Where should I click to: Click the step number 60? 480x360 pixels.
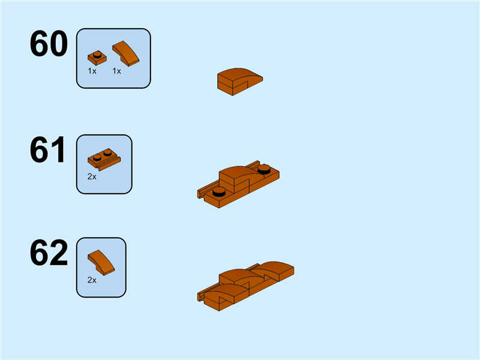[49, 43]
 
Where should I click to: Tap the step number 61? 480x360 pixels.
[47, 150]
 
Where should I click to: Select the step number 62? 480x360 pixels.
[49, 253]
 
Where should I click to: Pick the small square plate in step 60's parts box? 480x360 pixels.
[97, 58]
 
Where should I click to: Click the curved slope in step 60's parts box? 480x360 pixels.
[126, 53]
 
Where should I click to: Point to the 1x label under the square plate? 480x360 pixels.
[92, 71]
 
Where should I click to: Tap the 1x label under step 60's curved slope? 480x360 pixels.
[116, 71]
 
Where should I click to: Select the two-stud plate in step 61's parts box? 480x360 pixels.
[104, 159]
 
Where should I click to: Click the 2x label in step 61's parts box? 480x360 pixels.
[92, 176]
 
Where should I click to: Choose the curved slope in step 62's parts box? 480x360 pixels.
[101, 263]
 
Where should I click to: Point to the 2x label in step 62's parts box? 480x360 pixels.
[92, 280]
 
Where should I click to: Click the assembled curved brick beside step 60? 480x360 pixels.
[240, 82]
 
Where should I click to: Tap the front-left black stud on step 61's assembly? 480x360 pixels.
[219, 191]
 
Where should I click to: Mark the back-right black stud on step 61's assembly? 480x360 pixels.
[264, 169]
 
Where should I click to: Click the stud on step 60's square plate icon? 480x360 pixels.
[97, 55]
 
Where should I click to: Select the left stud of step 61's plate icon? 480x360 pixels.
[97, 157]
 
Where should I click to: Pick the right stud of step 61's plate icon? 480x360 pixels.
[107, 152]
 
